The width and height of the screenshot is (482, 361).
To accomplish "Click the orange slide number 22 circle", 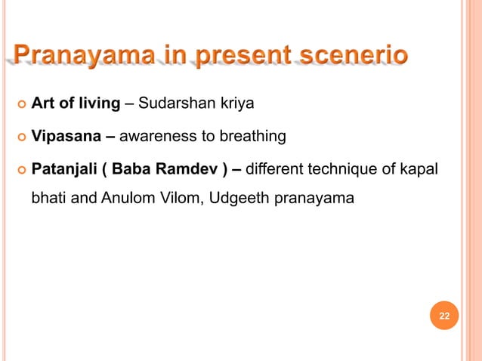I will [x=444, y=315].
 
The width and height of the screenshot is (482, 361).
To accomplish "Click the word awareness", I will [x=156, y=136].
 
